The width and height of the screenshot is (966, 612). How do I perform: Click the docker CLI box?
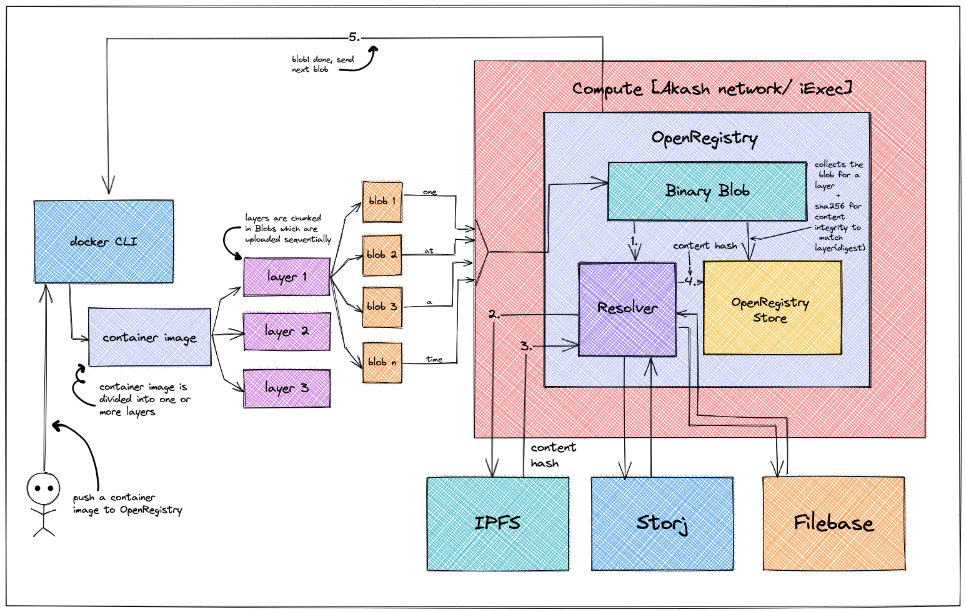coord(104,242)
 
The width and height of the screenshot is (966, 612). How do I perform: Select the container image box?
coord(150,337)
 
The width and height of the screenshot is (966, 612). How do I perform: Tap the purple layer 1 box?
coord(287,276)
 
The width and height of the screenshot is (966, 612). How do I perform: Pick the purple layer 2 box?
coord(287,330)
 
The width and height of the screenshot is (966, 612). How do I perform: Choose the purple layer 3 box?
coord(287,388)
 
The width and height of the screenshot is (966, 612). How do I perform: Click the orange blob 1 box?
coord(382,201)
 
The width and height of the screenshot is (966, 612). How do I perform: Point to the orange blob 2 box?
coord(382,255)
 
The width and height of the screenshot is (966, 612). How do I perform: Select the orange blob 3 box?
coord(382,307)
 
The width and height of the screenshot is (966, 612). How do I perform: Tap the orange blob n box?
coord(382,362)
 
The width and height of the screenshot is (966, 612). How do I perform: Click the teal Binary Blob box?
coord(707,191)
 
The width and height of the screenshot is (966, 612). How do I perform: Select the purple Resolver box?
coord(627,309)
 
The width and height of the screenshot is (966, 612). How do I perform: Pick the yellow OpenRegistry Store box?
coord(772,308)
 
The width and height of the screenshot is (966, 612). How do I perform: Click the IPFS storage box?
coord(499,523)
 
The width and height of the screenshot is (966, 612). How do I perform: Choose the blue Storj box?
coord(663,523)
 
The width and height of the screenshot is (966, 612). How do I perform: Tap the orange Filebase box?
coord(834,523)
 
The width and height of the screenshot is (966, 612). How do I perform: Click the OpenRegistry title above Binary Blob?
coord(704,138)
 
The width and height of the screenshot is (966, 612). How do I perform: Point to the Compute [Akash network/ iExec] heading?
coord(712,89)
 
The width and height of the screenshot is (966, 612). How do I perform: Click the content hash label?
coord(705,246)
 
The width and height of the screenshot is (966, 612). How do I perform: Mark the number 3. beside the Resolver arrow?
coord(526,345)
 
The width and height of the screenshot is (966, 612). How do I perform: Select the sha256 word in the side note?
coord(829,206)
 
